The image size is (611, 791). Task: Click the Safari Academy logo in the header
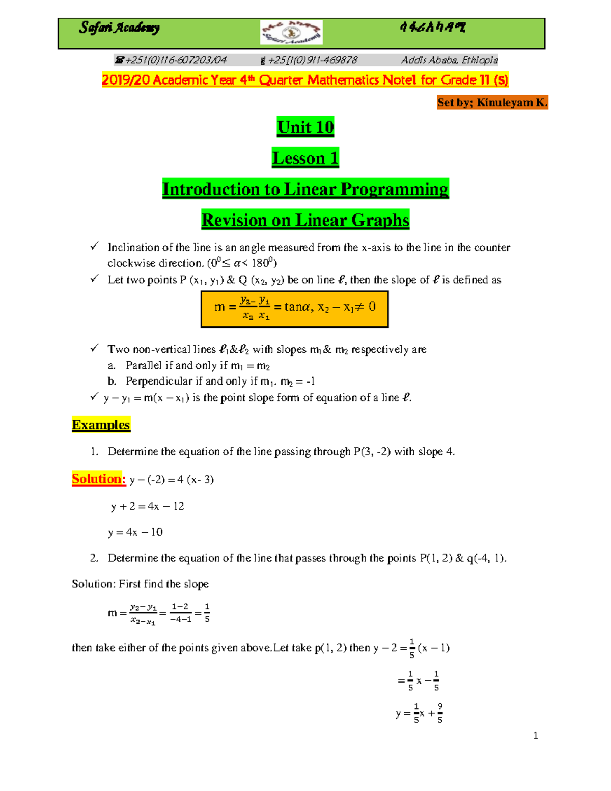pos(291,33)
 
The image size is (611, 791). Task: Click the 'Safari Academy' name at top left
pos(119,28)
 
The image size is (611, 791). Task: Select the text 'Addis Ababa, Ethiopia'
pos(449,60)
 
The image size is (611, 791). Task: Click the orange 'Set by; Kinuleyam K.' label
pos(492,102)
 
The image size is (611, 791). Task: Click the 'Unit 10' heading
pos(305,127)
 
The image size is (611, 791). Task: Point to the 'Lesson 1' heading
pos(305,158)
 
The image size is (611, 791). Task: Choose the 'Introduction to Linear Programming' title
pos(305,189)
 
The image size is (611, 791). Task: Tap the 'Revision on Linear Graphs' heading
pos(305,220)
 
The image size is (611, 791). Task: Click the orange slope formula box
pos(295,309)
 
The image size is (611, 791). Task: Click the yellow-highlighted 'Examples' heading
pos(101,425)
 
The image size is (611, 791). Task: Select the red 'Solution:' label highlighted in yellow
pos(99,479)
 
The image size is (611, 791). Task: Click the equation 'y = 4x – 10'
pos(135,532)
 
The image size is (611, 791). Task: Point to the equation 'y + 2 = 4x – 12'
pos(148,506)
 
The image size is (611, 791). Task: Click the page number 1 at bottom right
pos(535,735)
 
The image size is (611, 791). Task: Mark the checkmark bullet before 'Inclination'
pos(94,247)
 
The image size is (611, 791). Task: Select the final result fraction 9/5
pos(440,713)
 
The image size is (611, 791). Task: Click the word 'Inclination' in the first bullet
pos(133,248)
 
